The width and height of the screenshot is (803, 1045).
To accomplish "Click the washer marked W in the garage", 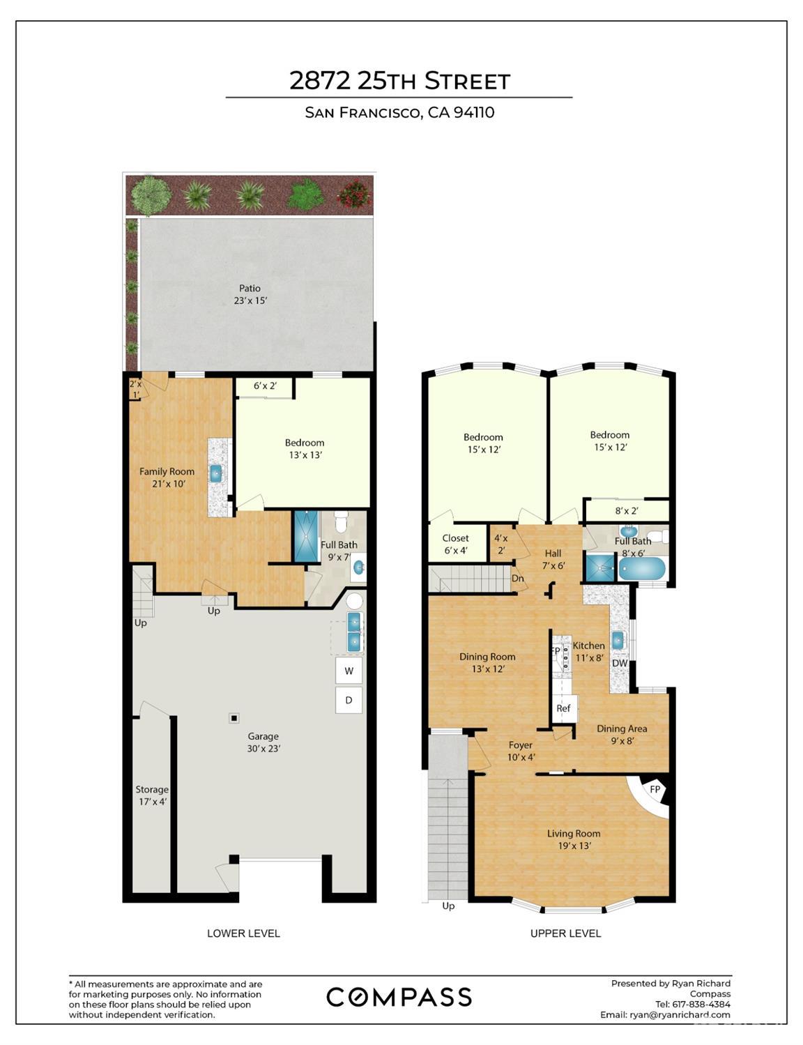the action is point(349,671).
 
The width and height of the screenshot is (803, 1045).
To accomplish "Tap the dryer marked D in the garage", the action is point(349,700).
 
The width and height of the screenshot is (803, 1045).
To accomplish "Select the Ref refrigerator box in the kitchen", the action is point(563,708).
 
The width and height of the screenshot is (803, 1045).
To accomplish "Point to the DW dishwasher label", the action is point(620,663).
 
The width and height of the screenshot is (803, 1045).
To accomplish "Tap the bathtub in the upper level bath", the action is point(642,569).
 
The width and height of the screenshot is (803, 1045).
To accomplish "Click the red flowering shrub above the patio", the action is point(354,194).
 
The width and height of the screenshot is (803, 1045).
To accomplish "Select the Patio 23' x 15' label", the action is point(250,294).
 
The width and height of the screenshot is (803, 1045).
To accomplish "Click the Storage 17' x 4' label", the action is point(152,795).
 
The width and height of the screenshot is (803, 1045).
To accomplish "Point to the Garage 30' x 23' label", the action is point(263,742).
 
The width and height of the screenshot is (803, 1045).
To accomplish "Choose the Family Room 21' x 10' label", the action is point(167,478).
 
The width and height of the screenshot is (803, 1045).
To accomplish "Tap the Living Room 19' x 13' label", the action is point(574,839).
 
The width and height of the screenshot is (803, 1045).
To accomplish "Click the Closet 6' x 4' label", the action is point(455,544).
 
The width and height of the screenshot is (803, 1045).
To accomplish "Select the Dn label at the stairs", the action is point(517,579).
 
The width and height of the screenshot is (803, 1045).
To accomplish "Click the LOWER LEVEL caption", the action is point(243,933).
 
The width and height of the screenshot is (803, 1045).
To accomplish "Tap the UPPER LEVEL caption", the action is point(565,933).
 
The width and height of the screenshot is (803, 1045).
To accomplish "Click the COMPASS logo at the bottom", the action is point(399,997).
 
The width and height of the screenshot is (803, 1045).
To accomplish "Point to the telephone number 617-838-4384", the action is point(698,1004).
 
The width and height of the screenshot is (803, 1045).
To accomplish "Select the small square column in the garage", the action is point(234,718).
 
